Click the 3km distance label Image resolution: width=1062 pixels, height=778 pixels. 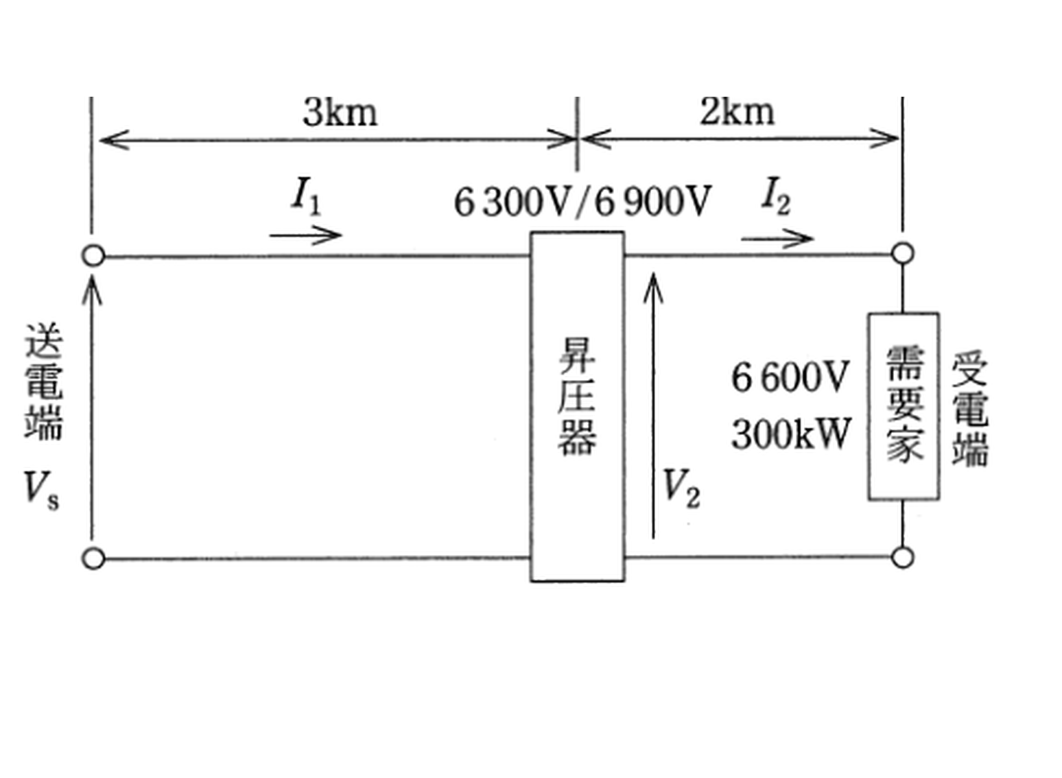click(340, 113)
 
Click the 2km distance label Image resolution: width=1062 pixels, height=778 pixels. click(737, 112)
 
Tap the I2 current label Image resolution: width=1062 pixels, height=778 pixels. click(776, 196)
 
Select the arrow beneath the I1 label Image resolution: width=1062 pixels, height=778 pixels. click(306, 235)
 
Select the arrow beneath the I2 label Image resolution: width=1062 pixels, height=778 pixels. click(777, 239)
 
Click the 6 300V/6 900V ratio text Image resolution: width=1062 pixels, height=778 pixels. click(582, 202)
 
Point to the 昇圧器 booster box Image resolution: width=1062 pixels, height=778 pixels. click(577, 406)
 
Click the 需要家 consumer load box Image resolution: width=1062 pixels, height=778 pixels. click(904, 406)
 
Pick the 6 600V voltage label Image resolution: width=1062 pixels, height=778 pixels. click(790, 377)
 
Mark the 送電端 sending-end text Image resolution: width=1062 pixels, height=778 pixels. click(44, 382)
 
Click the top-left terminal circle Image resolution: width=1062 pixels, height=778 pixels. click(93, 256)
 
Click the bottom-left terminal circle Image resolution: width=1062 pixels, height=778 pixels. click(93, 558)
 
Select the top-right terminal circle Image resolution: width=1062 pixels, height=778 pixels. click(903, 253)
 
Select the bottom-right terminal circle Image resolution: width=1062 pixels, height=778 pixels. click(903, 557)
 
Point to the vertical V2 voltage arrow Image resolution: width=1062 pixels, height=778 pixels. click(653, 406)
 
